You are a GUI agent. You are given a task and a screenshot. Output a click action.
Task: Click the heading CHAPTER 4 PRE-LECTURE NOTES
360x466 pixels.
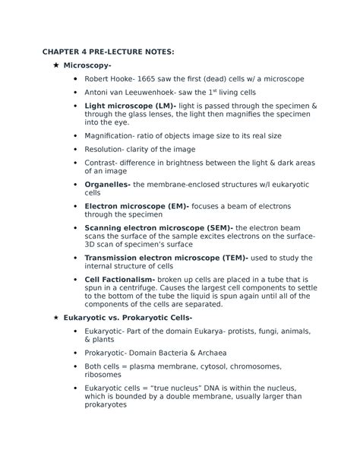(x=108, y=51)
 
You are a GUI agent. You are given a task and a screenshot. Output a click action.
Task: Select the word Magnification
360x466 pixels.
(x=114, y=135)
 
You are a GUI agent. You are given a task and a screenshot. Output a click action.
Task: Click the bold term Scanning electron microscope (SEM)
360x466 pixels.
(x=159, y=228)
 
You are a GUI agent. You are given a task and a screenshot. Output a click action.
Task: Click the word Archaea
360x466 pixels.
(x=207, y=353)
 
